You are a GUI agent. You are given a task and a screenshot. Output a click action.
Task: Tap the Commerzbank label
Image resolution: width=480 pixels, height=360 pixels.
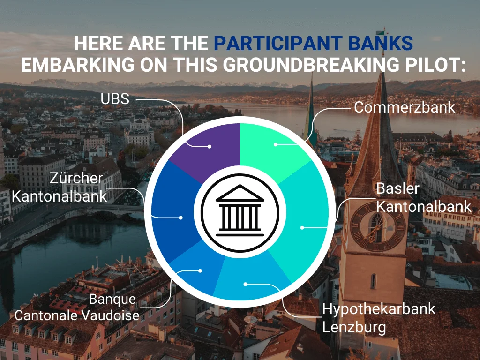coord(405,107)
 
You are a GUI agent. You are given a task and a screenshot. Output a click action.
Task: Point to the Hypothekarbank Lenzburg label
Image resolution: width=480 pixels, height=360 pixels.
coord(379,317)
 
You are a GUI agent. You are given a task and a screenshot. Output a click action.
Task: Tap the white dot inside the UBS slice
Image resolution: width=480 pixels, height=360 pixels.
coord(209,146)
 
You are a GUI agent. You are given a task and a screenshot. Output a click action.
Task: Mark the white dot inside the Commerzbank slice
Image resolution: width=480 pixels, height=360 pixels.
coord(276,144)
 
